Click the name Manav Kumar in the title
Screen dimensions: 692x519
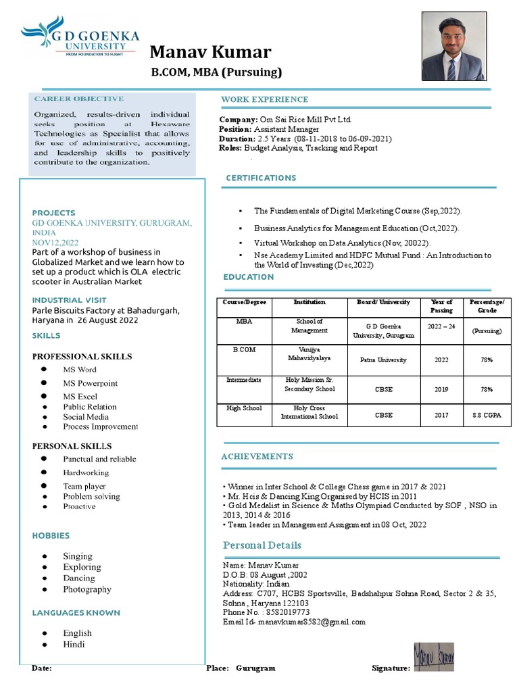210,52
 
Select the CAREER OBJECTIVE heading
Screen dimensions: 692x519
79,99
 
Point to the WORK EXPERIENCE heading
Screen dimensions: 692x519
264,100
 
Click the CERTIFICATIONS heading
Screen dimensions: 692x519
261,178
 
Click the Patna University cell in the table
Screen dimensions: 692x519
383,360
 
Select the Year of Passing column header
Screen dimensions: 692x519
441,306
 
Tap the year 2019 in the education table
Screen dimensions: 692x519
441,389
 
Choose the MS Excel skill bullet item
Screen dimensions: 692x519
80,397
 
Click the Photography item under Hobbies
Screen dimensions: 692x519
87,589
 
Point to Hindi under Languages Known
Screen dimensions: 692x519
74,644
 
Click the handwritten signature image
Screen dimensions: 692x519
434,657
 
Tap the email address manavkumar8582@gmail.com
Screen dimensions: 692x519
316,622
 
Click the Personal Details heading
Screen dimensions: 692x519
262,545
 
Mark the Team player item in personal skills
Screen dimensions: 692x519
84,486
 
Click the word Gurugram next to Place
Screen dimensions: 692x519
255,668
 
